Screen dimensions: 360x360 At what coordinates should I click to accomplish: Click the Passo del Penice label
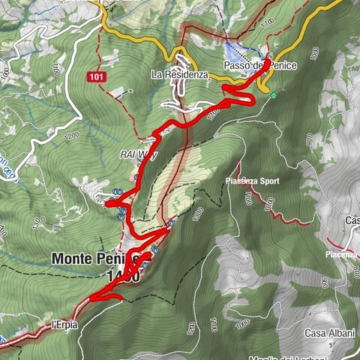[x=259, y=66]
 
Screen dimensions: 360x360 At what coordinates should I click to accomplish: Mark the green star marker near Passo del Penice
[x=274, y=94]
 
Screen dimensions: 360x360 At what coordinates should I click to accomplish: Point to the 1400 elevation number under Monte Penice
[x=122, y=276]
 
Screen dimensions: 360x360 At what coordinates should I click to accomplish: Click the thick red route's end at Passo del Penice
[x=268, y=59]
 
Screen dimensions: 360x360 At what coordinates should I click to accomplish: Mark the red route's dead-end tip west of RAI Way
[x=107, y=202]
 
